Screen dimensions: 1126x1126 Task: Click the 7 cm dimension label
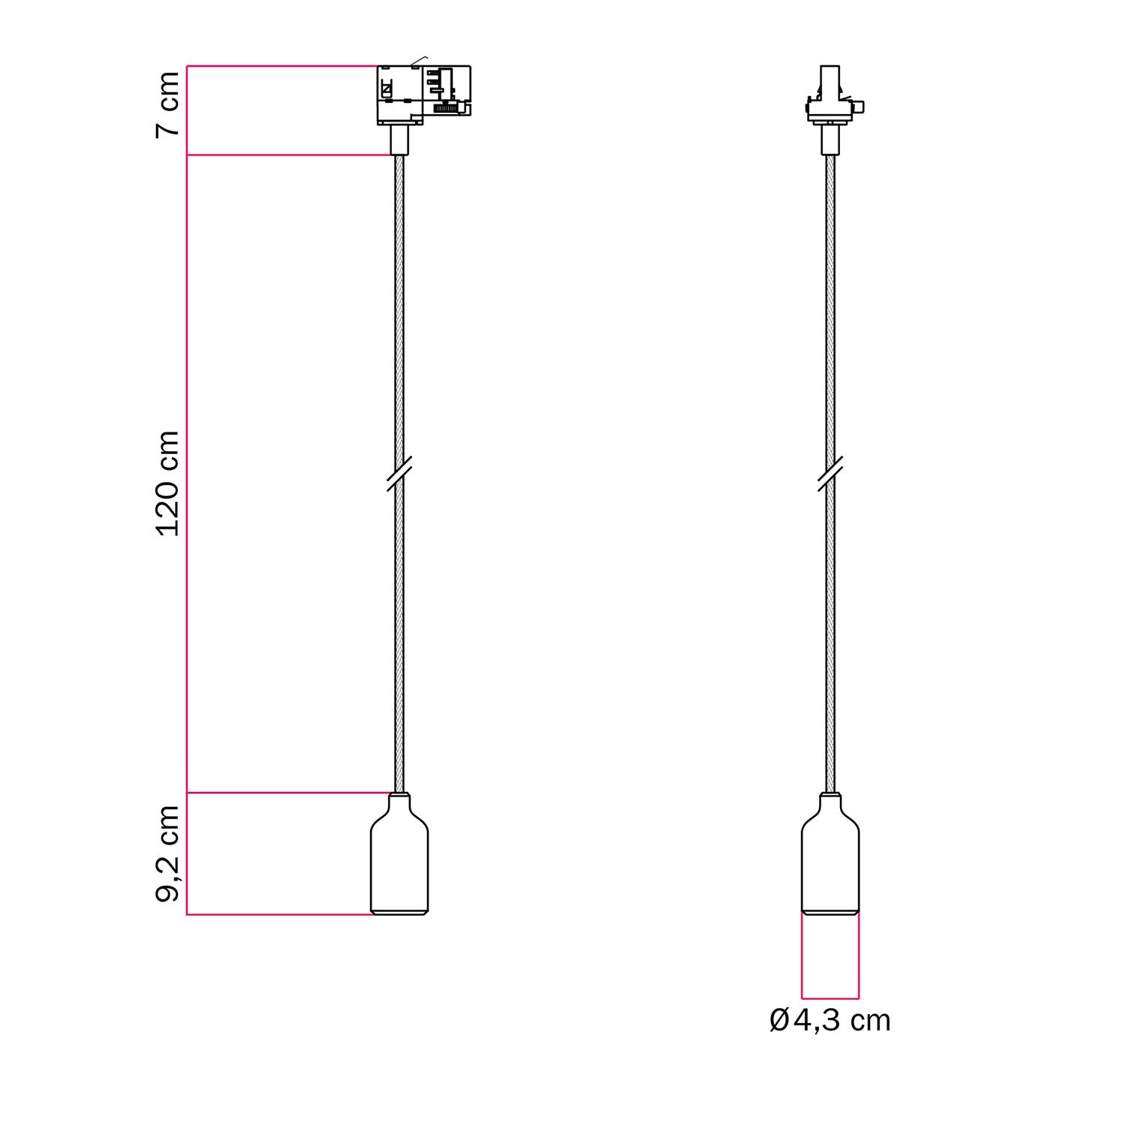pos(168,104)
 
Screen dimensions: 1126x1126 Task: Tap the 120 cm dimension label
pos(168,483)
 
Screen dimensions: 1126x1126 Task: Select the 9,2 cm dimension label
pos(168,853)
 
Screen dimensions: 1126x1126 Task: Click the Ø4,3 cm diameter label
pos(830,1021)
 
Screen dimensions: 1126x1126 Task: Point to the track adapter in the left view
pos(423,94)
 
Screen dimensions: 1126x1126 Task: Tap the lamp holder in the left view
pos(399,860)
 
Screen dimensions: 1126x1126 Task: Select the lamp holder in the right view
pos(830,860)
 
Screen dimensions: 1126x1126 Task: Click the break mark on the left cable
pos(399,474)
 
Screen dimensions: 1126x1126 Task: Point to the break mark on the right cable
pos(829,474)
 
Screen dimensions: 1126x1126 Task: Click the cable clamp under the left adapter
pos(399,140)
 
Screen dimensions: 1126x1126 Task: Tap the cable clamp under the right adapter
pos(829,140)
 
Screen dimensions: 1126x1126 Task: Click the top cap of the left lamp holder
pos(399,796)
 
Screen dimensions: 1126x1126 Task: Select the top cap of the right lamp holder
pos(830,796)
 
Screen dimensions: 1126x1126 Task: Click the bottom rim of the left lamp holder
pos(399,911)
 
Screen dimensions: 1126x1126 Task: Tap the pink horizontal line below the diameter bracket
pos(830,999)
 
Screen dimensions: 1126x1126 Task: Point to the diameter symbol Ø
pos(779,1021)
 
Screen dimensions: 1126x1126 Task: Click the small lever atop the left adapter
pos(420,60)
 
